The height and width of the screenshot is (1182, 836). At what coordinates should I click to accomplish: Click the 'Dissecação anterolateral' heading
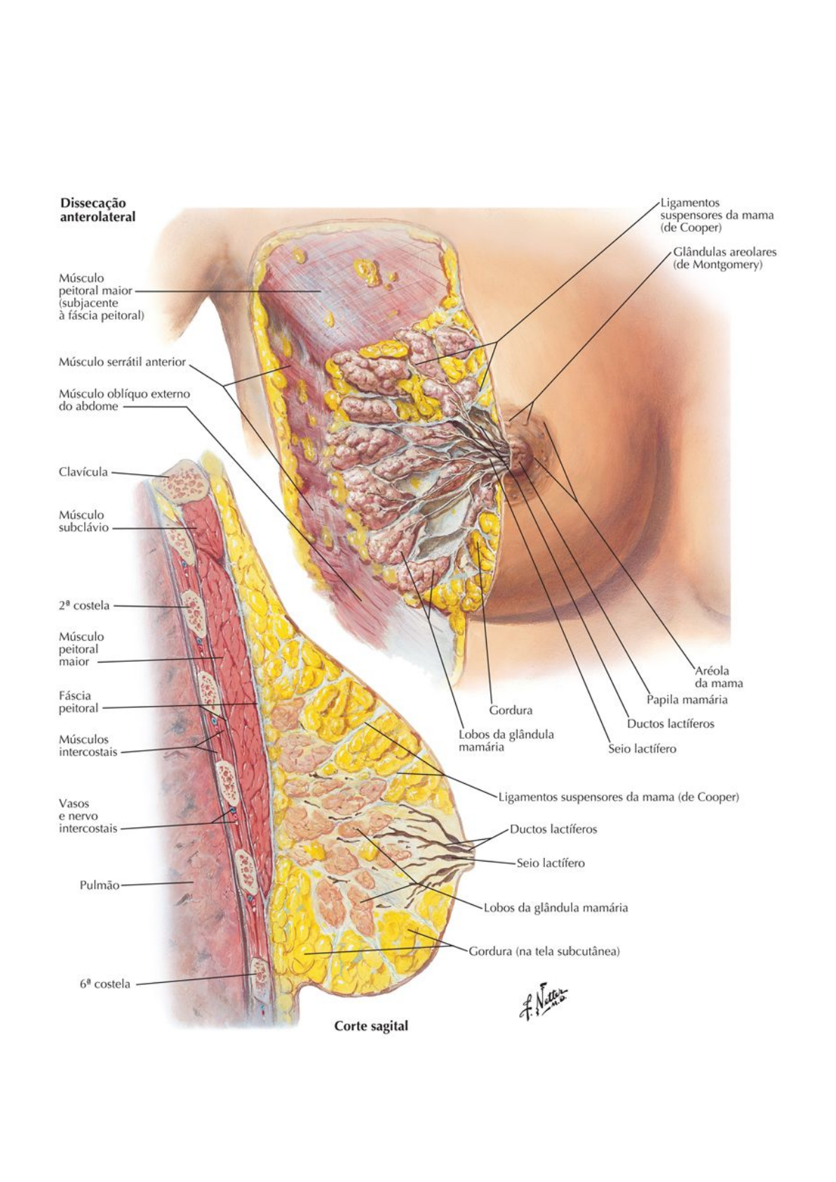point(97,210)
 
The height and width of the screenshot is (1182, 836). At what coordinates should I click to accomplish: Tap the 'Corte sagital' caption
point(370,1026)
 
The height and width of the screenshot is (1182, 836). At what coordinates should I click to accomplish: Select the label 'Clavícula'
point(83,472)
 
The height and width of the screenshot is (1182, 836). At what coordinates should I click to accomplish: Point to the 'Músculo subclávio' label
point(83,521)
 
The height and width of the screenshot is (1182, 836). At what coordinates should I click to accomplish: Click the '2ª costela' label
point(83,605)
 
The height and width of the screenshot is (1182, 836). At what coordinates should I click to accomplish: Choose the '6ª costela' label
point(104,984)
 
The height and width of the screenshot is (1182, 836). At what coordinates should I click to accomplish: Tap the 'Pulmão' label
point(99,885)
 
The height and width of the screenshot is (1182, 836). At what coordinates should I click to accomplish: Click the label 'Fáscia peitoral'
point(78,702)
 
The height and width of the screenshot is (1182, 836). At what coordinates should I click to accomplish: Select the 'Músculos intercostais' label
point(88,745)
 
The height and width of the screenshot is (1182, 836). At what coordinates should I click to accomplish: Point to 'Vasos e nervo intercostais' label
point(88,815)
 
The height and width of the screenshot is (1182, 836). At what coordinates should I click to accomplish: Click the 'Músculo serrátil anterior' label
point(122,362)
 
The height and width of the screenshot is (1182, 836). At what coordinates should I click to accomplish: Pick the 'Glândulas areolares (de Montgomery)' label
point(724,258)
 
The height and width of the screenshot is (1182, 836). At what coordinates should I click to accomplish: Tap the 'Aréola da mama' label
point(718,677)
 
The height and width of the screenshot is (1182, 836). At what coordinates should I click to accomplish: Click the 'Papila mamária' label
point(687,699)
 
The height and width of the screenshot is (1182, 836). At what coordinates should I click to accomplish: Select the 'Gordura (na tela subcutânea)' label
point(544,951)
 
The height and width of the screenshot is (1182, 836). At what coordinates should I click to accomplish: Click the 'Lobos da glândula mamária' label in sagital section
point(555,907)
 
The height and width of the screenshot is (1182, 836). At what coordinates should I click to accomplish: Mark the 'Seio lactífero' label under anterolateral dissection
point(642,749)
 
